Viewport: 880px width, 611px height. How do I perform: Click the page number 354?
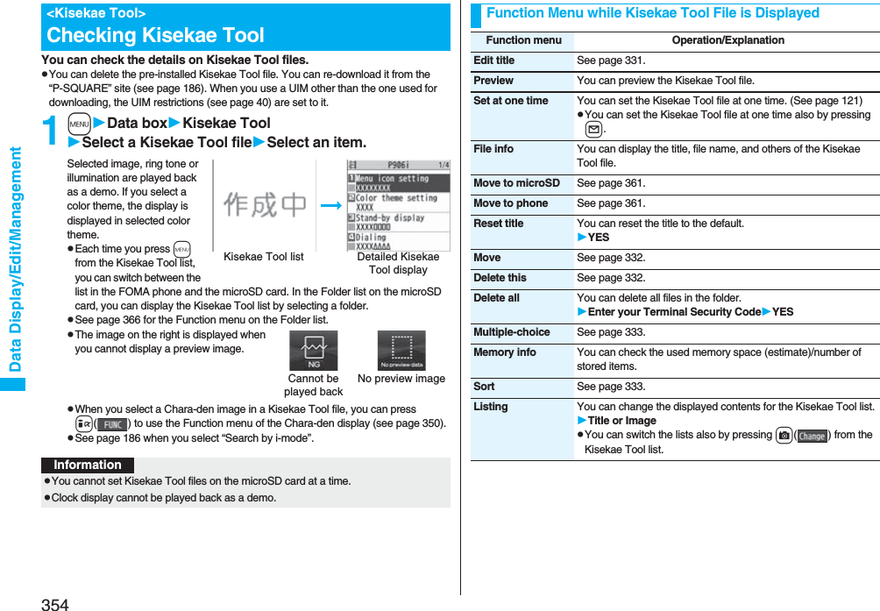click(54, 604)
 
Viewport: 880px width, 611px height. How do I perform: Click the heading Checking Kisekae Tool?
click(155, 35)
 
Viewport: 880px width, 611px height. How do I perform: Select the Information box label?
click(88, 465)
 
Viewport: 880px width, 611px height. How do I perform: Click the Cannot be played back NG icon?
click(313, 351)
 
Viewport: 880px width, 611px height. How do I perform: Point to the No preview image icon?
click(401, 351)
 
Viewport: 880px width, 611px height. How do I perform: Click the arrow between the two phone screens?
click(331, 205)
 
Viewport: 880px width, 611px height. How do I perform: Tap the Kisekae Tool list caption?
click(264, 257)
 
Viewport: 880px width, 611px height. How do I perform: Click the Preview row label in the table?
click(493, 81)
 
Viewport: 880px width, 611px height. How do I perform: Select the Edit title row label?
click(494, 60)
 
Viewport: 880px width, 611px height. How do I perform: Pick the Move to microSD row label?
click(516, 183)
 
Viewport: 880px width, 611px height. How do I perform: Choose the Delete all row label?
click(496, 298)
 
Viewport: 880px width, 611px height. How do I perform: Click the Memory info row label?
click(505, 352)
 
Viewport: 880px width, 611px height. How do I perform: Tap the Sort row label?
click(484, 387)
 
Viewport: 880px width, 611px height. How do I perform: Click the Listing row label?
click(491, 407)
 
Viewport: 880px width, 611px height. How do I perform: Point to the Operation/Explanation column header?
click(727, 40)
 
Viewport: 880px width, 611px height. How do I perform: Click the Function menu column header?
click(523, 40)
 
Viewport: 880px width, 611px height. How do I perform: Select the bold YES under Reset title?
click(598, 238)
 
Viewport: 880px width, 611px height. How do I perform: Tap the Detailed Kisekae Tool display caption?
click(398, 263)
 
